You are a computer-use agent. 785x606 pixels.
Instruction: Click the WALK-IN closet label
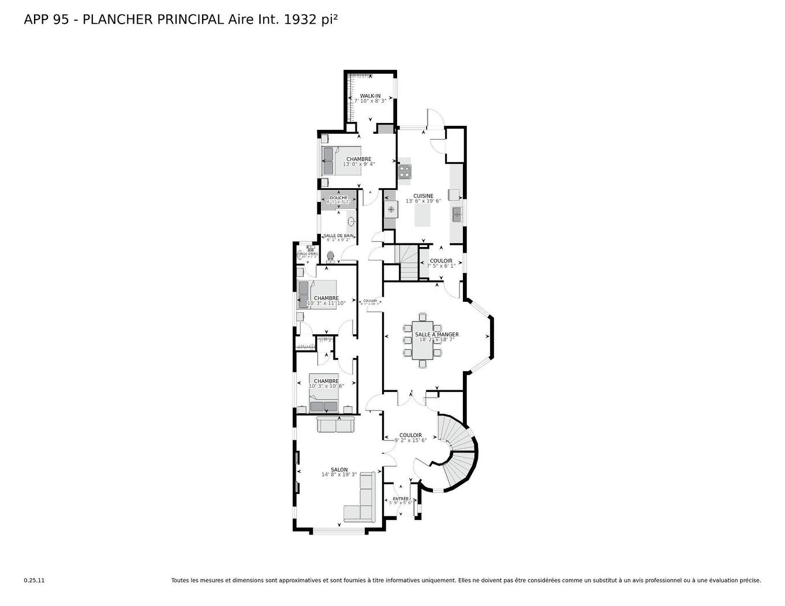click(x=370, y=96)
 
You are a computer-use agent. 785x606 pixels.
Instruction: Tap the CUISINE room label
click(x=423, y=196)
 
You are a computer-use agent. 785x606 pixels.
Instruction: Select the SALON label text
click(x=339, y=470)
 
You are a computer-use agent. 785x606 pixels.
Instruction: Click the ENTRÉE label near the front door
click(x=401, y=499)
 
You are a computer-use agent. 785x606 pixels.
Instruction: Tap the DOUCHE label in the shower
click(x=338, y=198)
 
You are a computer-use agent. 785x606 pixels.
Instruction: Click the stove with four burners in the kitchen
click(x=405, y=171)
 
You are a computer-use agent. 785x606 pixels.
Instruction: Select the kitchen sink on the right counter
click(x=457, y=215)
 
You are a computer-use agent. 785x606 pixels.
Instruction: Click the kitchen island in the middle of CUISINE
click(x=423, y=215)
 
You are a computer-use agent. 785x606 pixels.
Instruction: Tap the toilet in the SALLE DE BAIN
click(x=331, y=256)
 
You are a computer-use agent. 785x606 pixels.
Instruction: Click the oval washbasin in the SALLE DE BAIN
click(x=351, y=221)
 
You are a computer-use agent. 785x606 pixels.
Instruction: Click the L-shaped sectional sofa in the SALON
click(x=361, y=502)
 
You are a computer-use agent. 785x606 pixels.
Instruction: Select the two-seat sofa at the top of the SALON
click(x=335, y=425)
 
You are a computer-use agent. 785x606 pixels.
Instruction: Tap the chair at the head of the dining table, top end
click(x=423, y=316)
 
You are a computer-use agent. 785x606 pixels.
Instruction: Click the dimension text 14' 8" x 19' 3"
click(x=339, y=475)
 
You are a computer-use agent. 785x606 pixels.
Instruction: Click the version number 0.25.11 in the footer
click(x=34, y=581)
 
